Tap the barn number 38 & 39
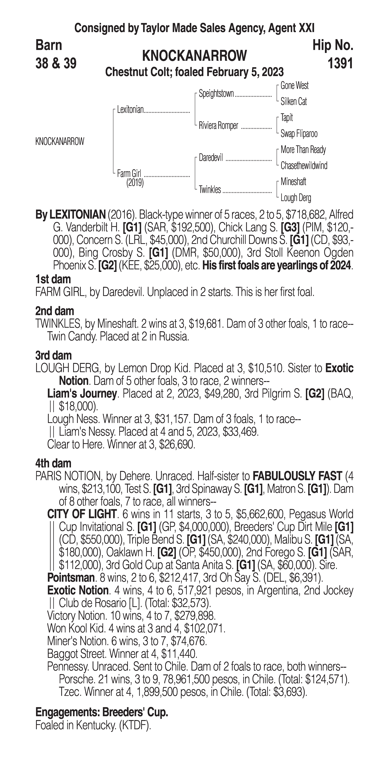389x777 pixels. [56, 64]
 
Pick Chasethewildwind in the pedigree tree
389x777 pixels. [304, 166]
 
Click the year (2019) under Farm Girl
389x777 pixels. [135, 183]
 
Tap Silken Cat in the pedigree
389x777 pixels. [293, 102]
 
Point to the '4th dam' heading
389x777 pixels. [53, 463]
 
